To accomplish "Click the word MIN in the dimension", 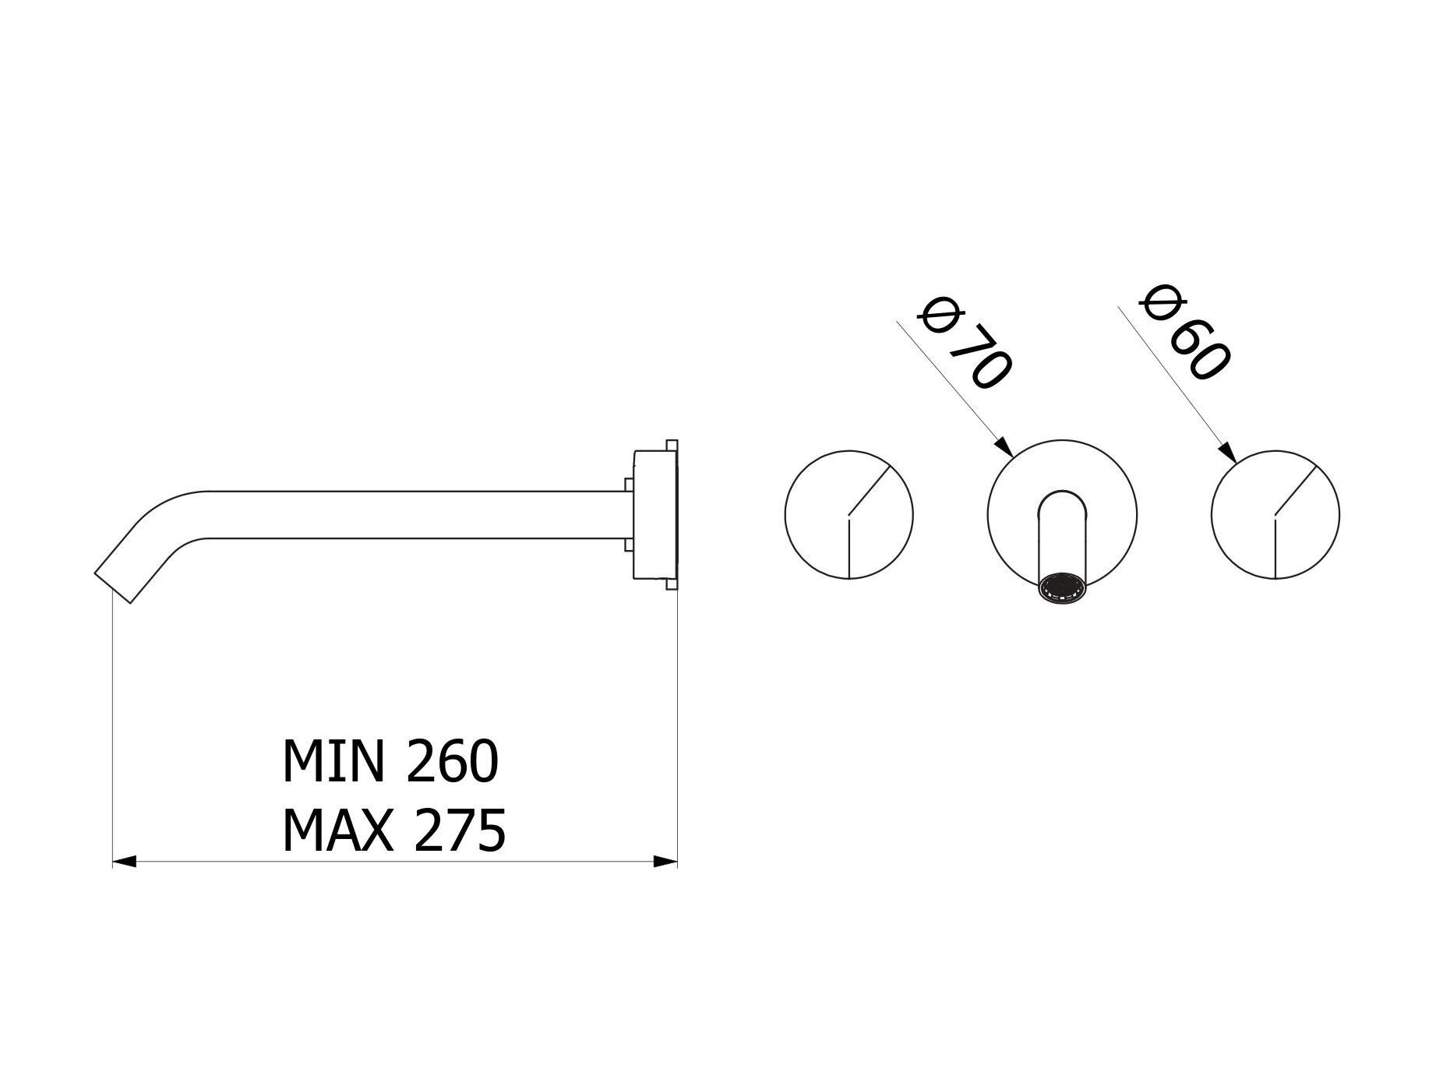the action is pos(333,761).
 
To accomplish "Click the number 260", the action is pos(452,761).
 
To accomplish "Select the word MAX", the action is pos(337,830).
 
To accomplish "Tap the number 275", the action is pos(460,830).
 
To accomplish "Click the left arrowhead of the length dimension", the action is pos(125,862).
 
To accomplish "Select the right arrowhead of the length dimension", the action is pos(665,862).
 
